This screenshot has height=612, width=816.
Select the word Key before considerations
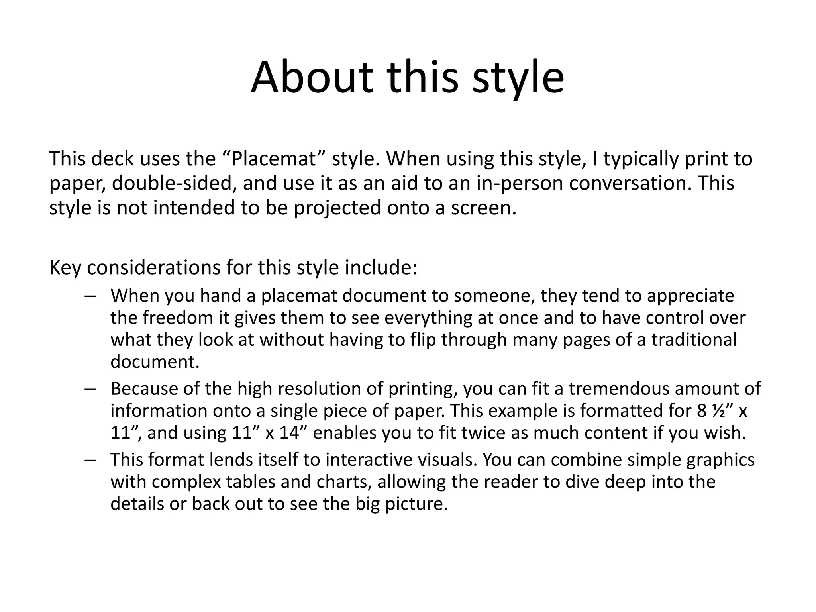(65, 267)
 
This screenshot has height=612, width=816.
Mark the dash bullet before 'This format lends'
(90, 460)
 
